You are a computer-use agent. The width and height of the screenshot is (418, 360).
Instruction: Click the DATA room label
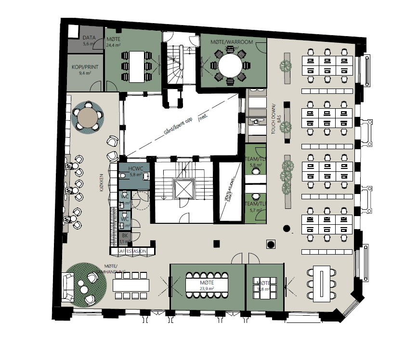point(89,37)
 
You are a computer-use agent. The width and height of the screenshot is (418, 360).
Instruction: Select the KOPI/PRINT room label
point(86,67)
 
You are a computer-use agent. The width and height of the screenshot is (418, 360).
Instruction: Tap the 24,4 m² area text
point(113,46)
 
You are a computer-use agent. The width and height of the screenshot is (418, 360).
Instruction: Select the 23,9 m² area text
point(207,289)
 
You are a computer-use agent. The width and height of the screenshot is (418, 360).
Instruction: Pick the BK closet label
point(125,236)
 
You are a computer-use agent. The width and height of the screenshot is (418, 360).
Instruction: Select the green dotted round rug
point(87,283)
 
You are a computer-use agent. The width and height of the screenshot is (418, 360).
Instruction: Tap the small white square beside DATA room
point(73,31)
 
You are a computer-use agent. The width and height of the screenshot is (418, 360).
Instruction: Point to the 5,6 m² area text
point(89,44)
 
